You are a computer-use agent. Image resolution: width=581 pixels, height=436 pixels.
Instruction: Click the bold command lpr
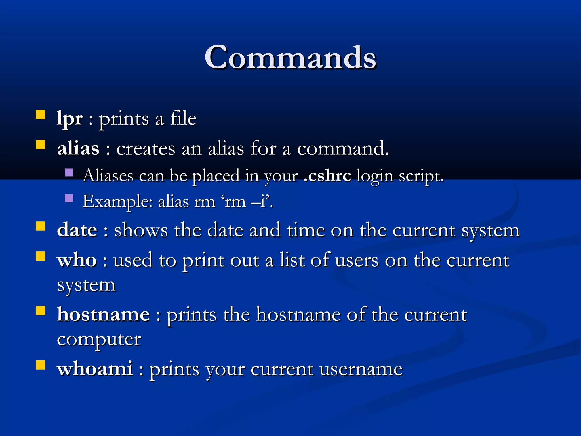point(70,119)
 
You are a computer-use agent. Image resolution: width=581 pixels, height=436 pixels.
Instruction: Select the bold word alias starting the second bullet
point(78,148)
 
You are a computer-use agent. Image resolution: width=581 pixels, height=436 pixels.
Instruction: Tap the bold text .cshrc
point(327,175)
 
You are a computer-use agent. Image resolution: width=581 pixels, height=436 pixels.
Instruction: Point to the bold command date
point(77,230)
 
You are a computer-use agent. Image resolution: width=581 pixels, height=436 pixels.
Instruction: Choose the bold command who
point(77,260)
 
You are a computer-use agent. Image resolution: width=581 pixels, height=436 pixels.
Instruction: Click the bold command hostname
point(104,315)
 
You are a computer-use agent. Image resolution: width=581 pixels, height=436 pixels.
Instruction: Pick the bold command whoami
point(95,369)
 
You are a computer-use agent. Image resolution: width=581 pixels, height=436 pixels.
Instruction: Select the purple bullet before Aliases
point(69,173)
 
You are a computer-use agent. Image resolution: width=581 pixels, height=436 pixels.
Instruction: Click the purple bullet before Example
point(69,198)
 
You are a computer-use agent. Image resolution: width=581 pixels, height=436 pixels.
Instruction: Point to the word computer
point(99,339)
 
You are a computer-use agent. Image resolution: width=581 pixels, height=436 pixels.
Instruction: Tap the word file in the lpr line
point(183,119)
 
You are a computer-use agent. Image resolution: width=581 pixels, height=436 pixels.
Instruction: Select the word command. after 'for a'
point(343,148)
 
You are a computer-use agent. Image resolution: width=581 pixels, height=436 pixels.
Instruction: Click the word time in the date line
point(306,230)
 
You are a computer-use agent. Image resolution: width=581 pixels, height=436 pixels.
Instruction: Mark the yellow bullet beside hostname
point(41,311)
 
